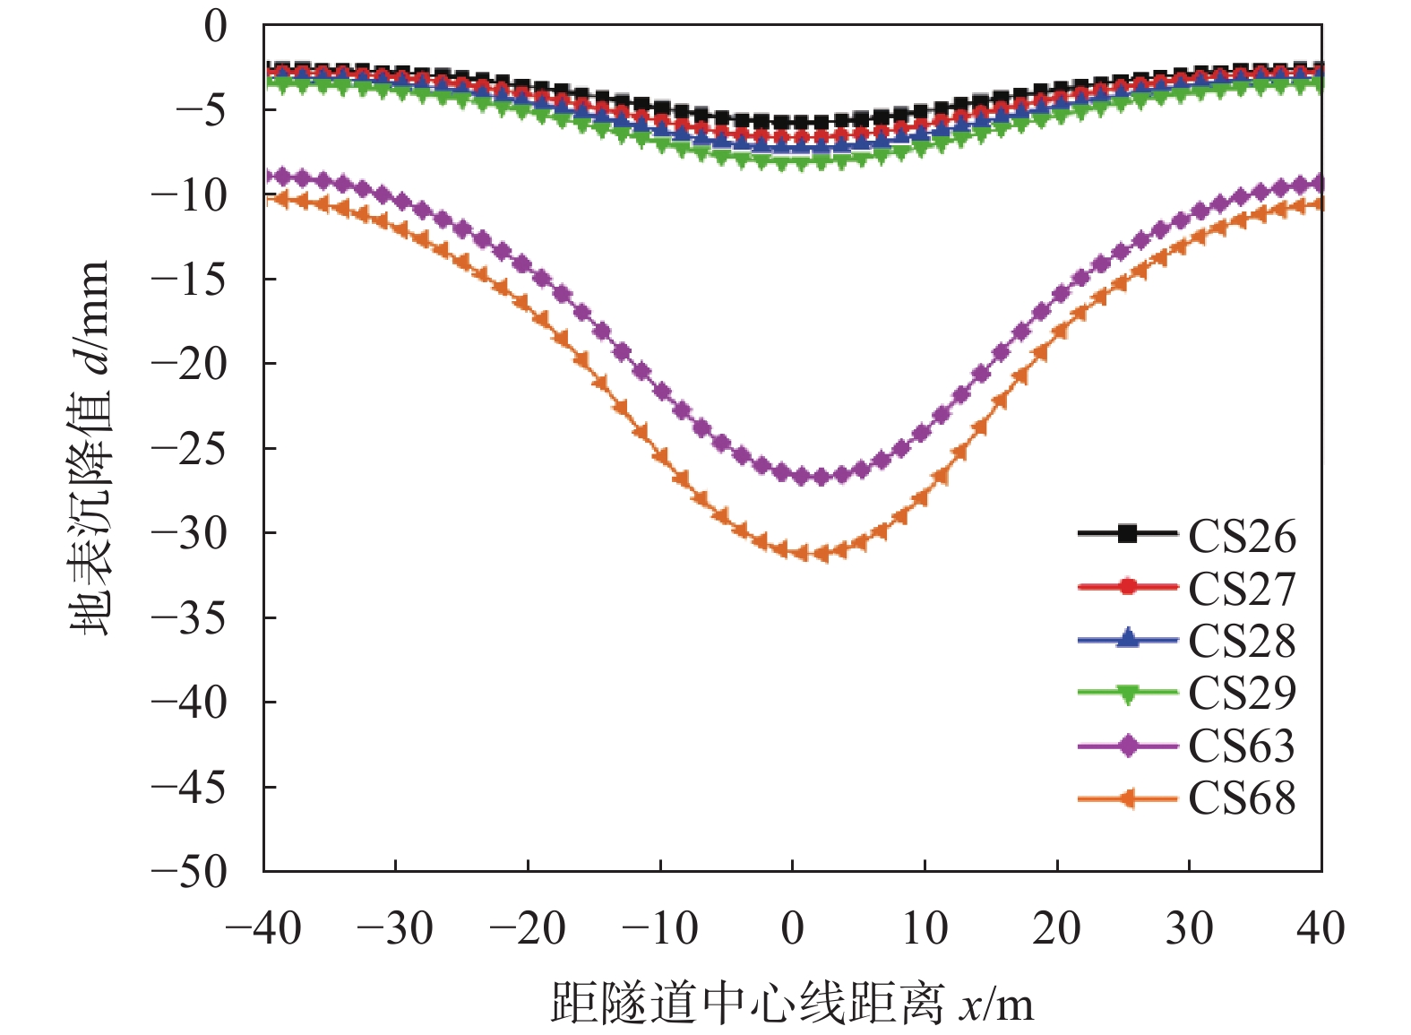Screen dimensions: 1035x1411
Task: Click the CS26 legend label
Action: (1242, 536)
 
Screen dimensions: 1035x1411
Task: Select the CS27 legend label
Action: (1242, 588)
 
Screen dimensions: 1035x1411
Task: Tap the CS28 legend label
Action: (1242, 641)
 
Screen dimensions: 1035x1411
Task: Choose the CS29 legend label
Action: (1242, 693)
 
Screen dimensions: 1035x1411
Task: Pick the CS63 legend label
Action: (1242, 746)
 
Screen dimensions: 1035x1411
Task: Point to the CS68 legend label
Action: (1242, 798)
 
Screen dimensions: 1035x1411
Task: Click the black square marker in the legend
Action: (1128, 534)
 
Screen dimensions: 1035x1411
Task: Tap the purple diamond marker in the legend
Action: (1128, 745)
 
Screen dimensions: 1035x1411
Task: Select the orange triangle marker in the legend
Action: (1128, 798)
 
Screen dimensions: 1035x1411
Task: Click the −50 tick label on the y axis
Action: (189, 871)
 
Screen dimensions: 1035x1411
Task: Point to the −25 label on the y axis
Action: (189, 448)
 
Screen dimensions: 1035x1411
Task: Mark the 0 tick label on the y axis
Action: (216, 26)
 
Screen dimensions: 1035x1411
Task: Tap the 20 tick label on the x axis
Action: (1057, 927)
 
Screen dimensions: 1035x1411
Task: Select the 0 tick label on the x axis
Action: (792, 927)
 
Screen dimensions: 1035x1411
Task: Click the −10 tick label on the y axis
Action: (189, 194)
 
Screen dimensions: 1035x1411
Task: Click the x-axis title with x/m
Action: (792, 1003)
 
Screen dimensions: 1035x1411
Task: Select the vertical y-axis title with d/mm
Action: (90, 448)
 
